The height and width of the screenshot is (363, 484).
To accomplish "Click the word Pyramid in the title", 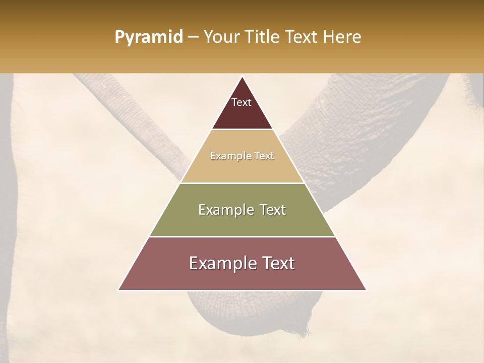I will pyautogui.click(x=148, y=37).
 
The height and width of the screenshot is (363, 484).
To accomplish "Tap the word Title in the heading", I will pyautogui.click(x=263, y=37).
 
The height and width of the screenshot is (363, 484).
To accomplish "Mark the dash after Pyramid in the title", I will pyautogui.click(x=193, y=37).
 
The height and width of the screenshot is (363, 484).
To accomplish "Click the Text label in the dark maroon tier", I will pyautogui.click(x=241, y=103).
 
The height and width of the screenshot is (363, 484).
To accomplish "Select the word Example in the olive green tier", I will pyautogui.click(x=224, y=210).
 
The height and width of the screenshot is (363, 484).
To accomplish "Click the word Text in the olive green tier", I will pyautogui.click(x=272, y=210).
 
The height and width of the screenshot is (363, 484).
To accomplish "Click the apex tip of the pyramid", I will pyautogui.click(x=242, y=77).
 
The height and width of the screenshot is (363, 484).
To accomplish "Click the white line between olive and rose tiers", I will pyautogui.click(x=242, y=236).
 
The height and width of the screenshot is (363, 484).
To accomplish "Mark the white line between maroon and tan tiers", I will pyautogui.click(x=242, y=130).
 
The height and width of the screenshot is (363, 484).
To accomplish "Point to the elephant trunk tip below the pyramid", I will pyautogui.click(x=302, y=330).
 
